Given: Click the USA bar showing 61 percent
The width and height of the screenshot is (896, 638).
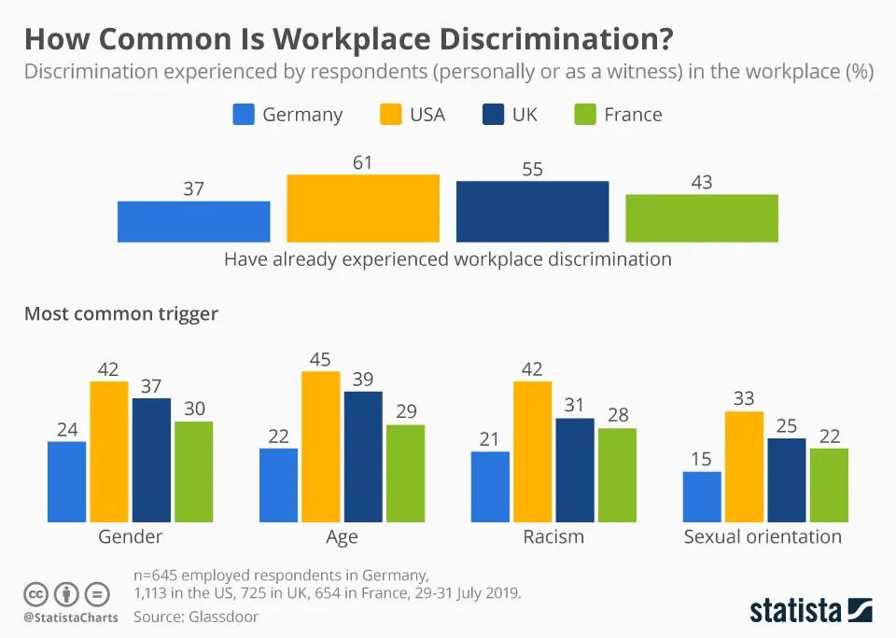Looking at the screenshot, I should tap(363, 208).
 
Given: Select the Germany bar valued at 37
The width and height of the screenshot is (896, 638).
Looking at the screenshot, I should tap(193, 221).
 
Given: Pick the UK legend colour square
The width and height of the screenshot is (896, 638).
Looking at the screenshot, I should tap(494, 115).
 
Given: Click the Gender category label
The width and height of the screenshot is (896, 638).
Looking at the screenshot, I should tap(131, 536).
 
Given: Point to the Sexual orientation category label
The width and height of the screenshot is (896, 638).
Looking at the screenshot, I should tap(763, 536).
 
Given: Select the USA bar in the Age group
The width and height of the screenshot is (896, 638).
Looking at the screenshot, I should tap(320, 446).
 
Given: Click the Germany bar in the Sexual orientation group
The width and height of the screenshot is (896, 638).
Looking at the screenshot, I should tap(702, 496).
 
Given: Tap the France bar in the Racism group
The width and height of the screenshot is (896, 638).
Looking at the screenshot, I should tap(617, 475).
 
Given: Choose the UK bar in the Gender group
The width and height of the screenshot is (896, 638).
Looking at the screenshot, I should tap(151, 460).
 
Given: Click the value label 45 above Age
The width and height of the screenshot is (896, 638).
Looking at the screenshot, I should tap(320, 359).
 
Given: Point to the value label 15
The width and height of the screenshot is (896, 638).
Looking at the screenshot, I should tap(702, 459).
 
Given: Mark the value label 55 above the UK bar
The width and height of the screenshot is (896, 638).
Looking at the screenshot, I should tap(532, 170).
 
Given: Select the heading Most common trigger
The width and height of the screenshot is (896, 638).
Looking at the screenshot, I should tap(121, 313).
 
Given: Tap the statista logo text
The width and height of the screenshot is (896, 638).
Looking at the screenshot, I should tap(796, 611).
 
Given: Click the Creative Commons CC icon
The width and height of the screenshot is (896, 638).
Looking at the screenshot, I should tap(36, 593).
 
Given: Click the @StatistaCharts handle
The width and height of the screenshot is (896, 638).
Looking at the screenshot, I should tap(71, 617).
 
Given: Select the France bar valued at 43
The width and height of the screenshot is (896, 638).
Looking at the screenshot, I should tap(702, 218).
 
